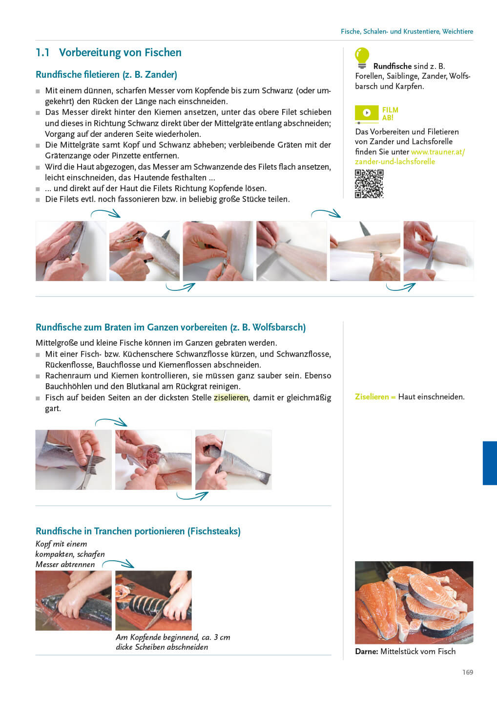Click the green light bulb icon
pyautogui.click(x=362, y=58)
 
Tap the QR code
pyautogui.click(x=369, y=184)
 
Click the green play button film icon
pyautogui.click(x=367, y=113)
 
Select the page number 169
pyautogui.click(x=468, y=672)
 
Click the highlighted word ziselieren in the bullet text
pyautogui.click(x=231, y=397)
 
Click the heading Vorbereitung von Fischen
pyautogui.click(x=120, y=52)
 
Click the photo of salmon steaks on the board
pyautogui.click(x=414, y=602)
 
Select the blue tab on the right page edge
pyautogui.click(x=490, y=463)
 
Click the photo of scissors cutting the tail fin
pyautogui.click(x=73, y=460)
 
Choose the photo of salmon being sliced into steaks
pyautogui.click(x=153, y=600)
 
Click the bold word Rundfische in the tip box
pyautogui.click(x=392, y=66)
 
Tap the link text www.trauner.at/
pyautogui.click(x=438, y=152)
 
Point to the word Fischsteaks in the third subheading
pyautogui.click(x=214, y=531)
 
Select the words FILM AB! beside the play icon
pyautogui.click(x=390, y=113)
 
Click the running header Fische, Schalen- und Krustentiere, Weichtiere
pyautogui.click(x=407, y=31)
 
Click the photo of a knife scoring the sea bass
pyautogui.click(x=233, y=460)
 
